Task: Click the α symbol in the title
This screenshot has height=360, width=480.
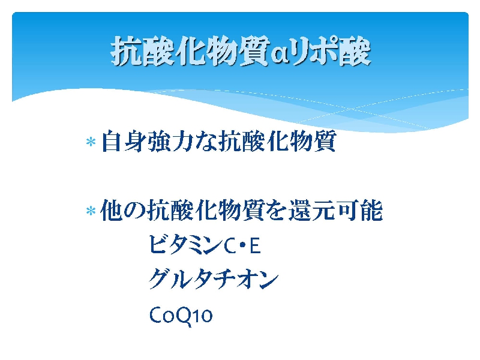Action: tap(280, 55)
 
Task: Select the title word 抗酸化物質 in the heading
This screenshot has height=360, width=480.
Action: tap(190, 51)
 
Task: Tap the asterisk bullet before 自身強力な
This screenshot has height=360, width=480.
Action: tap(91, 142)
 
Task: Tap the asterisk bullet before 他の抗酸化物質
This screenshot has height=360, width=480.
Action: tap(91, 211)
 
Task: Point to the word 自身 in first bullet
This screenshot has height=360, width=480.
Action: tap(123, 141)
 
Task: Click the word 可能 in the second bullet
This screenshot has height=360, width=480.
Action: tap(359, 210)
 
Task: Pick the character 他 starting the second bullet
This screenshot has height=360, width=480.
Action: tap(112, 210)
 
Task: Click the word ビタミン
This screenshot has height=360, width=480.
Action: tap(185, 245)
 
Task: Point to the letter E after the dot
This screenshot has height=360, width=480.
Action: tap(255, 246)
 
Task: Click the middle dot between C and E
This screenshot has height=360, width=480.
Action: tap(242, 246)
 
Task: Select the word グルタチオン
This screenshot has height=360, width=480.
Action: tap(214, 279)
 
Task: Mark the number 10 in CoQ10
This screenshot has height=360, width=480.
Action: tap(202, 315)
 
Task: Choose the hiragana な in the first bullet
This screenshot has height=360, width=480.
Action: tap(206, 142)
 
